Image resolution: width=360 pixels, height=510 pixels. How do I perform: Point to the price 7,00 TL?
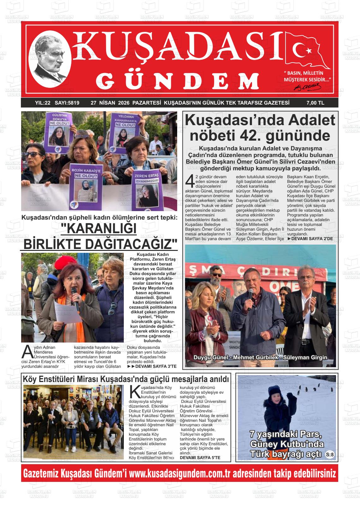point(315,103)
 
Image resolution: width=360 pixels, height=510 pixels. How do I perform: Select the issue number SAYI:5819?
point(67,103)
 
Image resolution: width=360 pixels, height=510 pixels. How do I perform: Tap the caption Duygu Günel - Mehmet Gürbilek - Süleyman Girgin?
point(260,357)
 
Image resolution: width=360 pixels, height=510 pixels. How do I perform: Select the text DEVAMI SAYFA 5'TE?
point(200,457)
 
